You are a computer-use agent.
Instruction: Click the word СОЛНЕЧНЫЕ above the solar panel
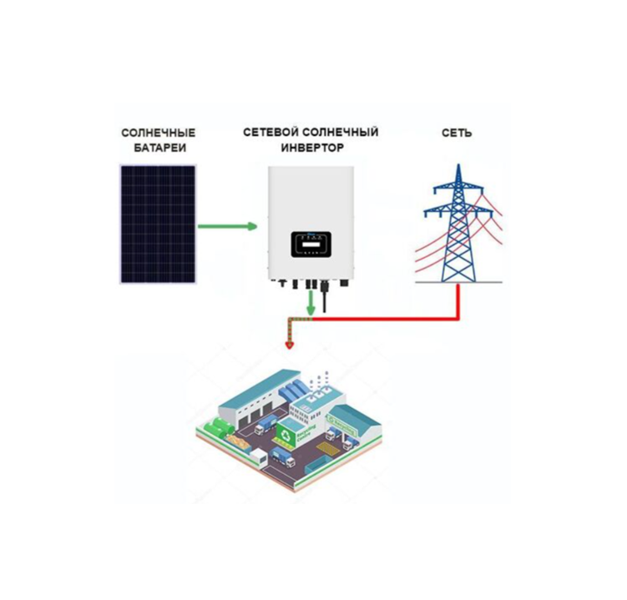pos(159,133)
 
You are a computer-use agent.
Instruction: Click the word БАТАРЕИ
pos(159,148)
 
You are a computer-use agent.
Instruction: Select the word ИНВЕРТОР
pos(311,148)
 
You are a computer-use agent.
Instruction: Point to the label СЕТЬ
pos(457,133)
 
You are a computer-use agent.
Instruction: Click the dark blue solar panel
pos(158,223)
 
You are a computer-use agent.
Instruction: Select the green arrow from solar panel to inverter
pos(226,225)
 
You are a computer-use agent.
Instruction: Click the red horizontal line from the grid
pos(384,319)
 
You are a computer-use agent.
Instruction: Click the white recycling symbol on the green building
pos(287,434)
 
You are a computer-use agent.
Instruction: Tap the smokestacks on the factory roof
pos(316,385)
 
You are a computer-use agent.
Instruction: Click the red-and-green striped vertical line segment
pos(290,328)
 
